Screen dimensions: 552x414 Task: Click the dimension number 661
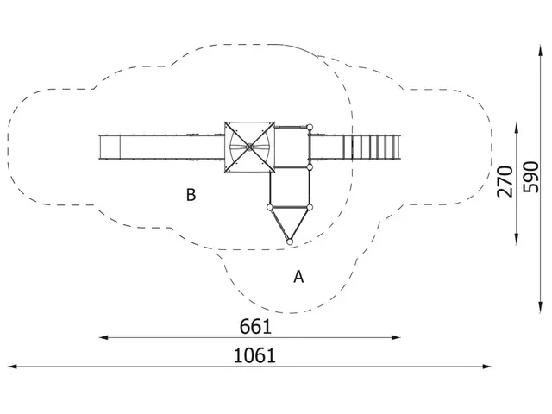[255, 326]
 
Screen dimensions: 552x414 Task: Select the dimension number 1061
[255, 355]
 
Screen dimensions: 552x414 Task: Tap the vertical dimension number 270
[505, 181]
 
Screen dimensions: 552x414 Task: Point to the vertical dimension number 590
[531, 177]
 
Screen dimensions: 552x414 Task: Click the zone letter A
[298, 277]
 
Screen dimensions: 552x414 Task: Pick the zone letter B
[191, 195]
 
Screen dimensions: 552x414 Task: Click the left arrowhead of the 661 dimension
[103, 337]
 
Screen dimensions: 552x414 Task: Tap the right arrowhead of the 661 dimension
[397, 337]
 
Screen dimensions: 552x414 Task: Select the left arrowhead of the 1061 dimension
[12, 367]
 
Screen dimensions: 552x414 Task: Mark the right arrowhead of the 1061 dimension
[487, 367]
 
